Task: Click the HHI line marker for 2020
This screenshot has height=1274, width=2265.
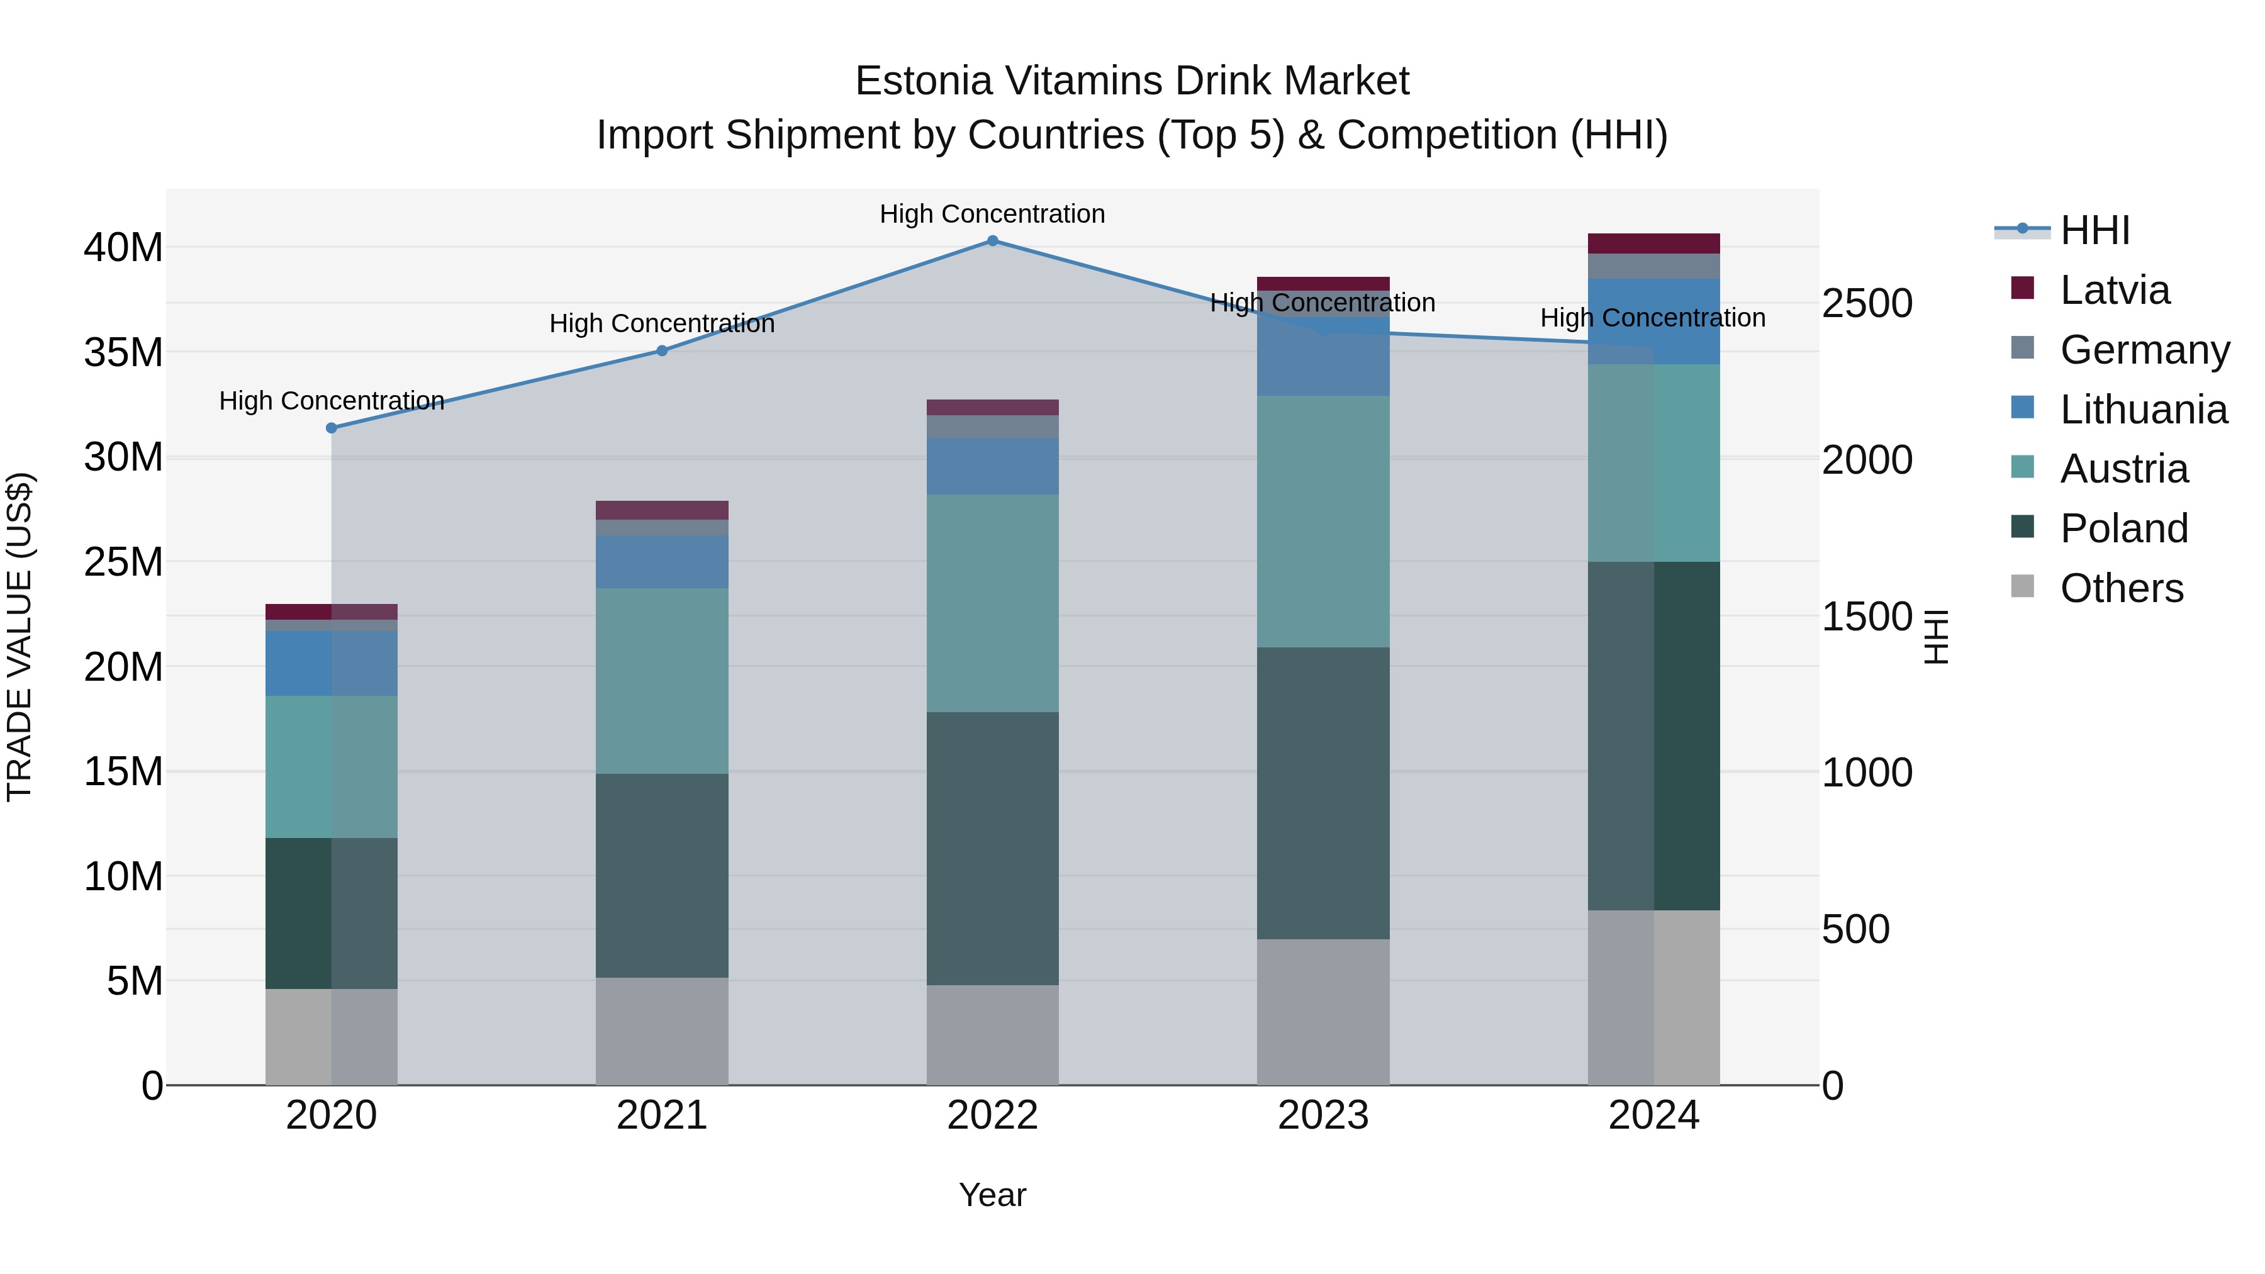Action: point(332,428)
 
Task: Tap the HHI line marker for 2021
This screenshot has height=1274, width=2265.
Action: point(662,351)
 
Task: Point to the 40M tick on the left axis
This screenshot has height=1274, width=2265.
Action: point(123,248)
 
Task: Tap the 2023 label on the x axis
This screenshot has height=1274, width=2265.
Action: point(1323,1115)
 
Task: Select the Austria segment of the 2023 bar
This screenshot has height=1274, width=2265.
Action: point(1323,522)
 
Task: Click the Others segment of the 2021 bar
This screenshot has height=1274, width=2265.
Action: point(662,1031)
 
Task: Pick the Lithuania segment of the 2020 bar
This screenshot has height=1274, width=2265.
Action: point(332,663)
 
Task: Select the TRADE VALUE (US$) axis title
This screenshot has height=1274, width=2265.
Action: point(20,637)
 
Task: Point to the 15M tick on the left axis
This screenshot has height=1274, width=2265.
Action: point(123,772)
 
